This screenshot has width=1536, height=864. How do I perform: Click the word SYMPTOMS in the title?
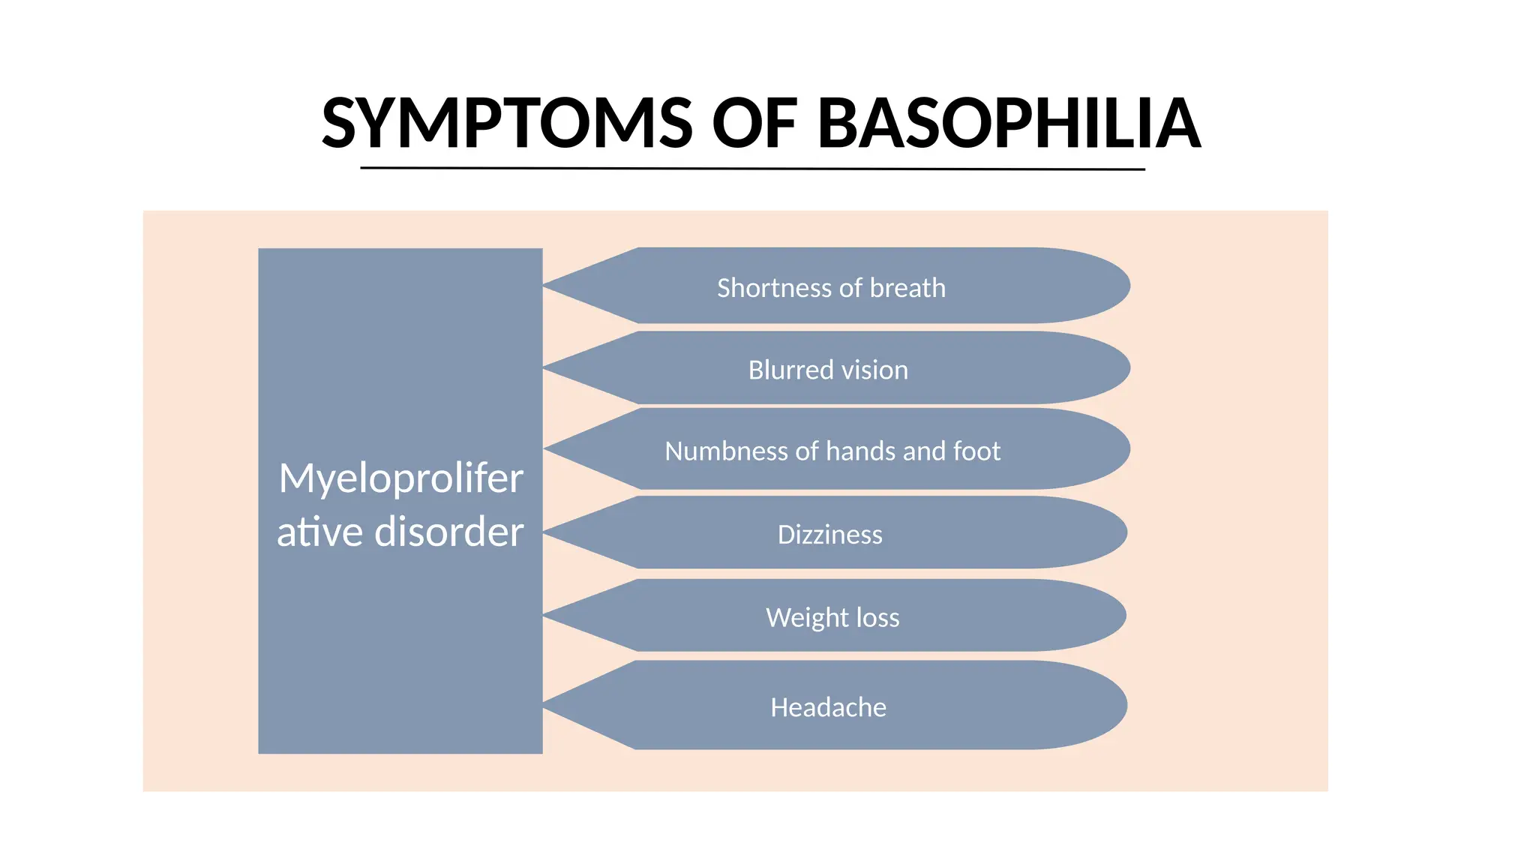click(x=507, y=123)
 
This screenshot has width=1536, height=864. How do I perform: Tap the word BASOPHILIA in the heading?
click(x=1009, y=123)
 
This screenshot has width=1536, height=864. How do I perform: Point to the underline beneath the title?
click(x=752, y=169)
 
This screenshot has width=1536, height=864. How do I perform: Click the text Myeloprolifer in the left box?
click(x=400, y=478)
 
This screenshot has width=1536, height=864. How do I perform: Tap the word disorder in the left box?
click(x=448, y=532)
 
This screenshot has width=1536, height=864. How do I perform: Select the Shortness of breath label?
click(x=831, y=288)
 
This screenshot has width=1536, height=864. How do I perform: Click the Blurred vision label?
click(x=828, y=370)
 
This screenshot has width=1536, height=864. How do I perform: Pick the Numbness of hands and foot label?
click(x=832, y=451)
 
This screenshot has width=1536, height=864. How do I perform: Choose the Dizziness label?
click(x=829, y=534)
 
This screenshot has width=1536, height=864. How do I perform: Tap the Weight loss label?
click(x=832, y=617)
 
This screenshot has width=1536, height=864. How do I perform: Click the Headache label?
click(x=828, y=707)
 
